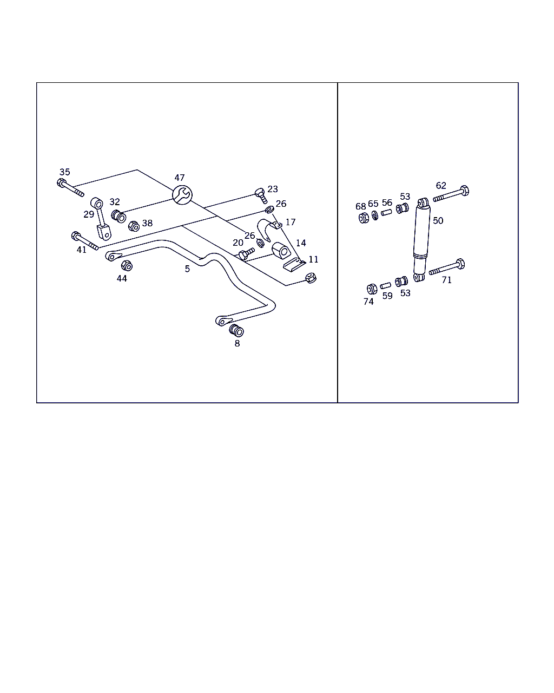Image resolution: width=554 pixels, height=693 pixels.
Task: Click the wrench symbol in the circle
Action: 182,195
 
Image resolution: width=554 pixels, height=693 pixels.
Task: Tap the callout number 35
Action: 65,172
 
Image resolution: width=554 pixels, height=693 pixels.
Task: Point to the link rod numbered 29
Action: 101,219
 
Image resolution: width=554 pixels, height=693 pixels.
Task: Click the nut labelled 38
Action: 134,226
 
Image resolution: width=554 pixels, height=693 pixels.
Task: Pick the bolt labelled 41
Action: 84,240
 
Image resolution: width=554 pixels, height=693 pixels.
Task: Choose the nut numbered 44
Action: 127,266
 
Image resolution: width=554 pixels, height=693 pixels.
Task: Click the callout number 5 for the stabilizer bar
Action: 187,269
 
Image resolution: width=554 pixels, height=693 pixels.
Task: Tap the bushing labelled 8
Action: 236,331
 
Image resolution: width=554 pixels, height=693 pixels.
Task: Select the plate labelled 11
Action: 294,266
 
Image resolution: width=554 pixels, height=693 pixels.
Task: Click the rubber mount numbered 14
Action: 281,251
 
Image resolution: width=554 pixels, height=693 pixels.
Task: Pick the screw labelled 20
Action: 247,253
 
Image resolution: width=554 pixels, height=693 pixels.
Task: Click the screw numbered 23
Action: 261,195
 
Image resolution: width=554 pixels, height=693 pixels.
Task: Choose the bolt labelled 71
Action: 447,266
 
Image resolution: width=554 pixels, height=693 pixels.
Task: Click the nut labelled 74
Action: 372,289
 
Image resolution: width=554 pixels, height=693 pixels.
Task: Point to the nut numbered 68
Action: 364,218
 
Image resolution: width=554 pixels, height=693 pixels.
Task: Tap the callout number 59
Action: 387,296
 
